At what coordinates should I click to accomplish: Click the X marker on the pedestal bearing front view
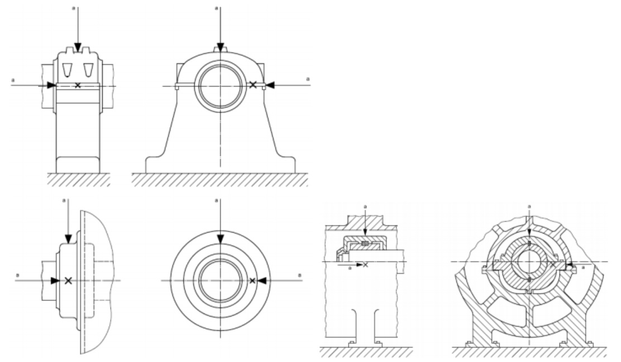click(253, 84)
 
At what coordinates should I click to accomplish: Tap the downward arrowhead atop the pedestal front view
click(220, 47)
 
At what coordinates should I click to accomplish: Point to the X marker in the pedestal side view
click(78, 85)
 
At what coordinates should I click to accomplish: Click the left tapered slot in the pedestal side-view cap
click(68, 69)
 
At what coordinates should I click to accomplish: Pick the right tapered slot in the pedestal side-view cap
click(88, 69)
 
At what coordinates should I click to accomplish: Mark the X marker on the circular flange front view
click(252, 281)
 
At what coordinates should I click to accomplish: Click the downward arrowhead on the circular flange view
click(221, 239)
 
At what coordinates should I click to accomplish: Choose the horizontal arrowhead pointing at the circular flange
click(262, 281)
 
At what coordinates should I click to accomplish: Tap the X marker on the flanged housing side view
click(68, 281)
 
